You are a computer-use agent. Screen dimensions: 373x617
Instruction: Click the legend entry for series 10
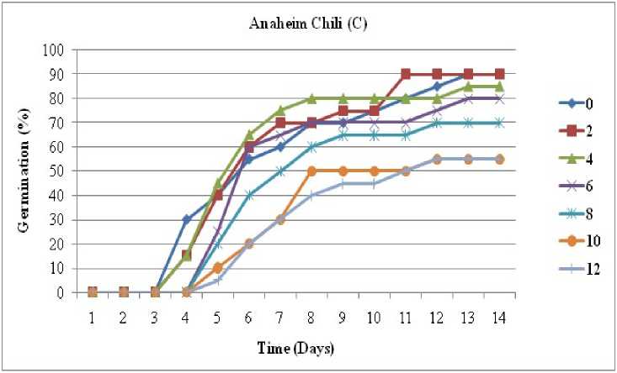click(x=582, y=241)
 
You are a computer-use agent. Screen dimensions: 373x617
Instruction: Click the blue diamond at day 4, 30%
click(x=186, y=219)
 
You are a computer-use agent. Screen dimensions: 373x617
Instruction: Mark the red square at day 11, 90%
click(x=406, y=74)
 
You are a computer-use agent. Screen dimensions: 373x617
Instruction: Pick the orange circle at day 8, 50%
click(x=311, y=171)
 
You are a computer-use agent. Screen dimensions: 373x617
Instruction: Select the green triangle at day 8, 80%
click(x=311, y=98)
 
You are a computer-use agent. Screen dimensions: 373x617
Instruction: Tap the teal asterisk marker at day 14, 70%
click(x=500, y=123)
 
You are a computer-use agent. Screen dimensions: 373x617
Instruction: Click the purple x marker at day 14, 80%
click(x=500, y=98)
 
